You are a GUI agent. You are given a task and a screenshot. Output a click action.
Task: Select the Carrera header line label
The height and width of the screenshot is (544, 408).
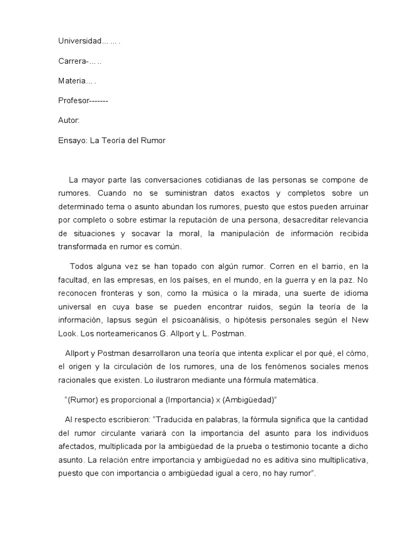coord(73,61)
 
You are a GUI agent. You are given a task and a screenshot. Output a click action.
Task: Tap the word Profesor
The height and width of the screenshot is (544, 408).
coord(74,100)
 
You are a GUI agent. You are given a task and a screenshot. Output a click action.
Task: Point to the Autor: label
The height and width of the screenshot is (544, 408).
coord(69,120)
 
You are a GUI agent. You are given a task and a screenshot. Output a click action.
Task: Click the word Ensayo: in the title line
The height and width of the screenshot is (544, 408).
coord(72,140)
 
